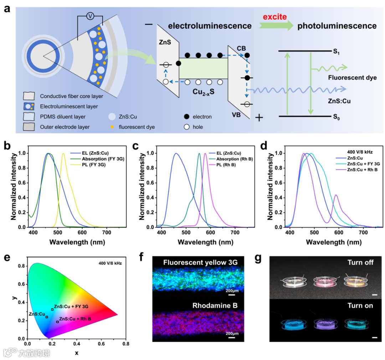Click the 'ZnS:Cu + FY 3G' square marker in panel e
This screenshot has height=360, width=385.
[x=52, y=309]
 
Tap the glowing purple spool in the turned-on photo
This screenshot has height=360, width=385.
[x=321, y=324]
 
